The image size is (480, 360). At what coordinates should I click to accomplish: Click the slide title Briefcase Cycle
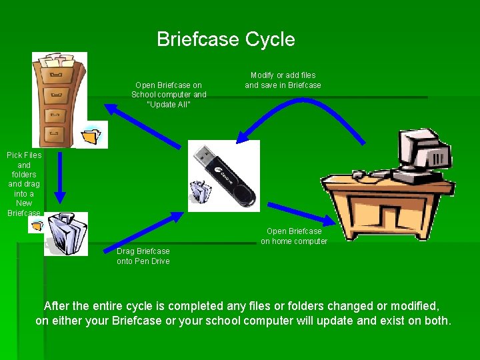pyautogui.click(x=225, y=39)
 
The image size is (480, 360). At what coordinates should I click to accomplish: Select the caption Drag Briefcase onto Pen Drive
pyautogui.click(x=143, y=256)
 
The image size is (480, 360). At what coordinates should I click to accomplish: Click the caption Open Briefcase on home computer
pyautogui.click(x=294, y=236)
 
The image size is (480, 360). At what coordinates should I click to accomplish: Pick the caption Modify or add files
pyautogui.click(x=283, y=80)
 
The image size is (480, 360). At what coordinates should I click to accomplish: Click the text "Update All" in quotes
pyautogui.click(x=169, y=104)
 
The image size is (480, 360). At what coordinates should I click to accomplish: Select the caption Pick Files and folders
pyautogui.click(x=24, y=183)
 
